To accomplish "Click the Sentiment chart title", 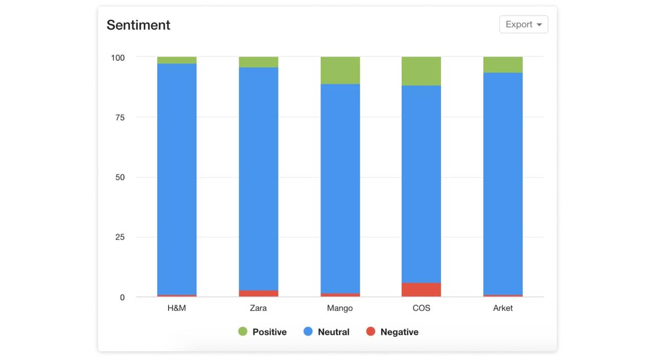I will tap(138, 25).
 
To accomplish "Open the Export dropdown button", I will tap(523, 25).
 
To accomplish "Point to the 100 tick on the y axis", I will tap(118, 57).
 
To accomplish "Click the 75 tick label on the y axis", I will tap(120, 117).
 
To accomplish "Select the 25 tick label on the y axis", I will tap(120, 237).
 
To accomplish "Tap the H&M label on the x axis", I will tap(177, 308).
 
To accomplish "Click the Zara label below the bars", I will tap(258, 308).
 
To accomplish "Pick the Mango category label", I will tap(340, 308).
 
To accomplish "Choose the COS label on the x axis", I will tap(421, 308).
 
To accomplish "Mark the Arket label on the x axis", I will tap(503, 308).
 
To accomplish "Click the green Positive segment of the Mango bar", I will tap(340, 71).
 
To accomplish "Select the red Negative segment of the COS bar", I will tap(421, 289).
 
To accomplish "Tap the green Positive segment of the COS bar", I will tap(421, 71).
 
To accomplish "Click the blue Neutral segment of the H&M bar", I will tap(177, 179).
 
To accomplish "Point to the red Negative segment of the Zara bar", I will tap(258, 294).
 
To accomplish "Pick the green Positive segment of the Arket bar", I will tap(503, 65).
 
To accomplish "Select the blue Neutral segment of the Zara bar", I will tap(258, 179).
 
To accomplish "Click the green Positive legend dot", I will tap(243, 332).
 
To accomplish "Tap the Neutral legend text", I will tap(334, 332).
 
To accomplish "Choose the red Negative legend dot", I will tap(370, 332).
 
